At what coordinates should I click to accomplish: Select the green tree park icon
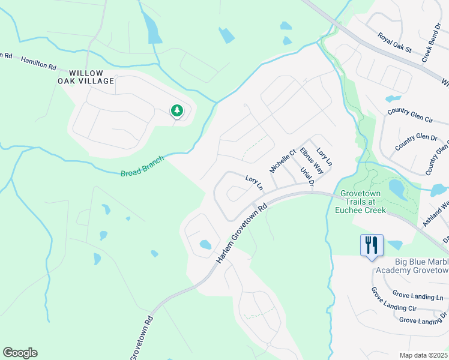click(x=176, y=110)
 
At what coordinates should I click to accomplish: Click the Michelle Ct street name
click(x=283, y=161)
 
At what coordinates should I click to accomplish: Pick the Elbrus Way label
click(x=312, y=161)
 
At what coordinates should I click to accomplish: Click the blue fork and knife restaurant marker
click(x=372, y=244)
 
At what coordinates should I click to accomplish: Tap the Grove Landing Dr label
click(x=423, y=320)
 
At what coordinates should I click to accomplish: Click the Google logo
click(x=20, y=353)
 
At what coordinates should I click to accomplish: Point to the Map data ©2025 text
click(x=424, y=355)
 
